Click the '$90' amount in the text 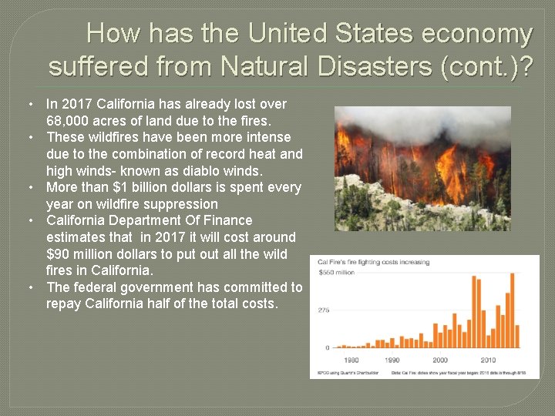pyautogui.click(x=59, y=254)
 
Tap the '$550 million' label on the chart pyautogui.click(x=335, y=273)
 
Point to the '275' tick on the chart pyautogui.click(x=324, y=310)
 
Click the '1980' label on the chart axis pyautogui.click(x=351, y=361)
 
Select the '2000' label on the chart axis pyautogui.click(x=439, y=361)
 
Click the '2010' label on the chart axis pyautogui.click(x=487, y=361)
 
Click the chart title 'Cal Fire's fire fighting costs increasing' pyautogui.click(x=373, y=262)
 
